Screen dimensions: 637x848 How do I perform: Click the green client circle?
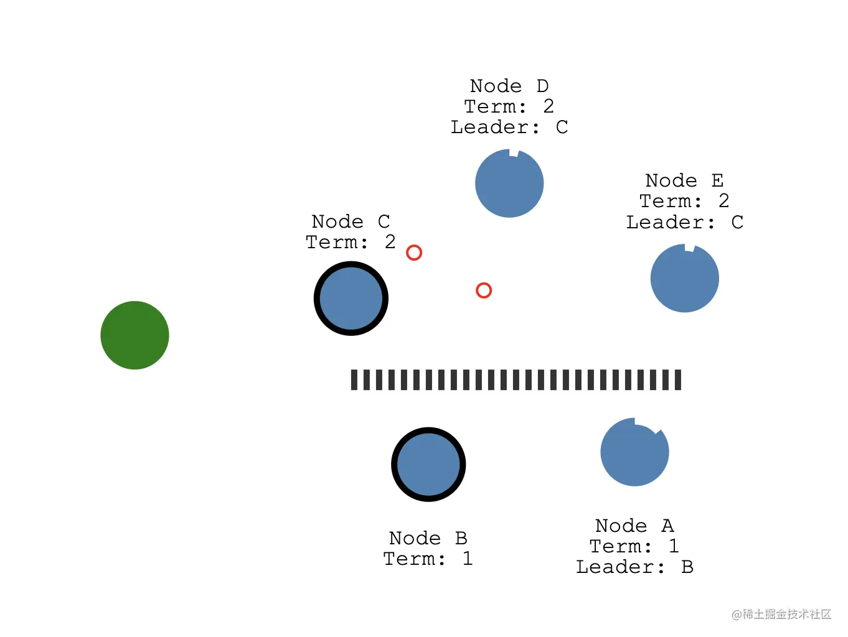134,335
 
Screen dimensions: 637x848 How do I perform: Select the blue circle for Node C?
351,299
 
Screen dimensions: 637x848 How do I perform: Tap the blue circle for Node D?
509,184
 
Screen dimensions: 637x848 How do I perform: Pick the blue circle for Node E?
685,279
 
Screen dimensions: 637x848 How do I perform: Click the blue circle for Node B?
428,465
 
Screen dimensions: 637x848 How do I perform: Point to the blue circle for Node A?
634,453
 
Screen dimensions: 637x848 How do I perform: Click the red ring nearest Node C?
414,253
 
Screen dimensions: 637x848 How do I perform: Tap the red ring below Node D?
484,291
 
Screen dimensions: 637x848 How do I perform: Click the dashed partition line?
516,379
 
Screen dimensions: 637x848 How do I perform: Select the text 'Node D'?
509,86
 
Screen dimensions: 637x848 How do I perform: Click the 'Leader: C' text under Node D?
509,128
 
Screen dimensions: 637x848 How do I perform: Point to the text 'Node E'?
684,180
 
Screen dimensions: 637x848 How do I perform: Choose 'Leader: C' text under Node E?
684,223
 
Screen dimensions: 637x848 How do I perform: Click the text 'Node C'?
351,221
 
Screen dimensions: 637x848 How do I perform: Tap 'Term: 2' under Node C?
351,242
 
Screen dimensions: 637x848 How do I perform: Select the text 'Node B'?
428,538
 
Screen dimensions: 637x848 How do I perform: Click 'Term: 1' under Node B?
428,559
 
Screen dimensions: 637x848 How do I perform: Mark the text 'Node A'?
634,526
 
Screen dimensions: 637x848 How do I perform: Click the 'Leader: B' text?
634,567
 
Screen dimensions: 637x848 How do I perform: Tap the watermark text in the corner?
781,615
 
